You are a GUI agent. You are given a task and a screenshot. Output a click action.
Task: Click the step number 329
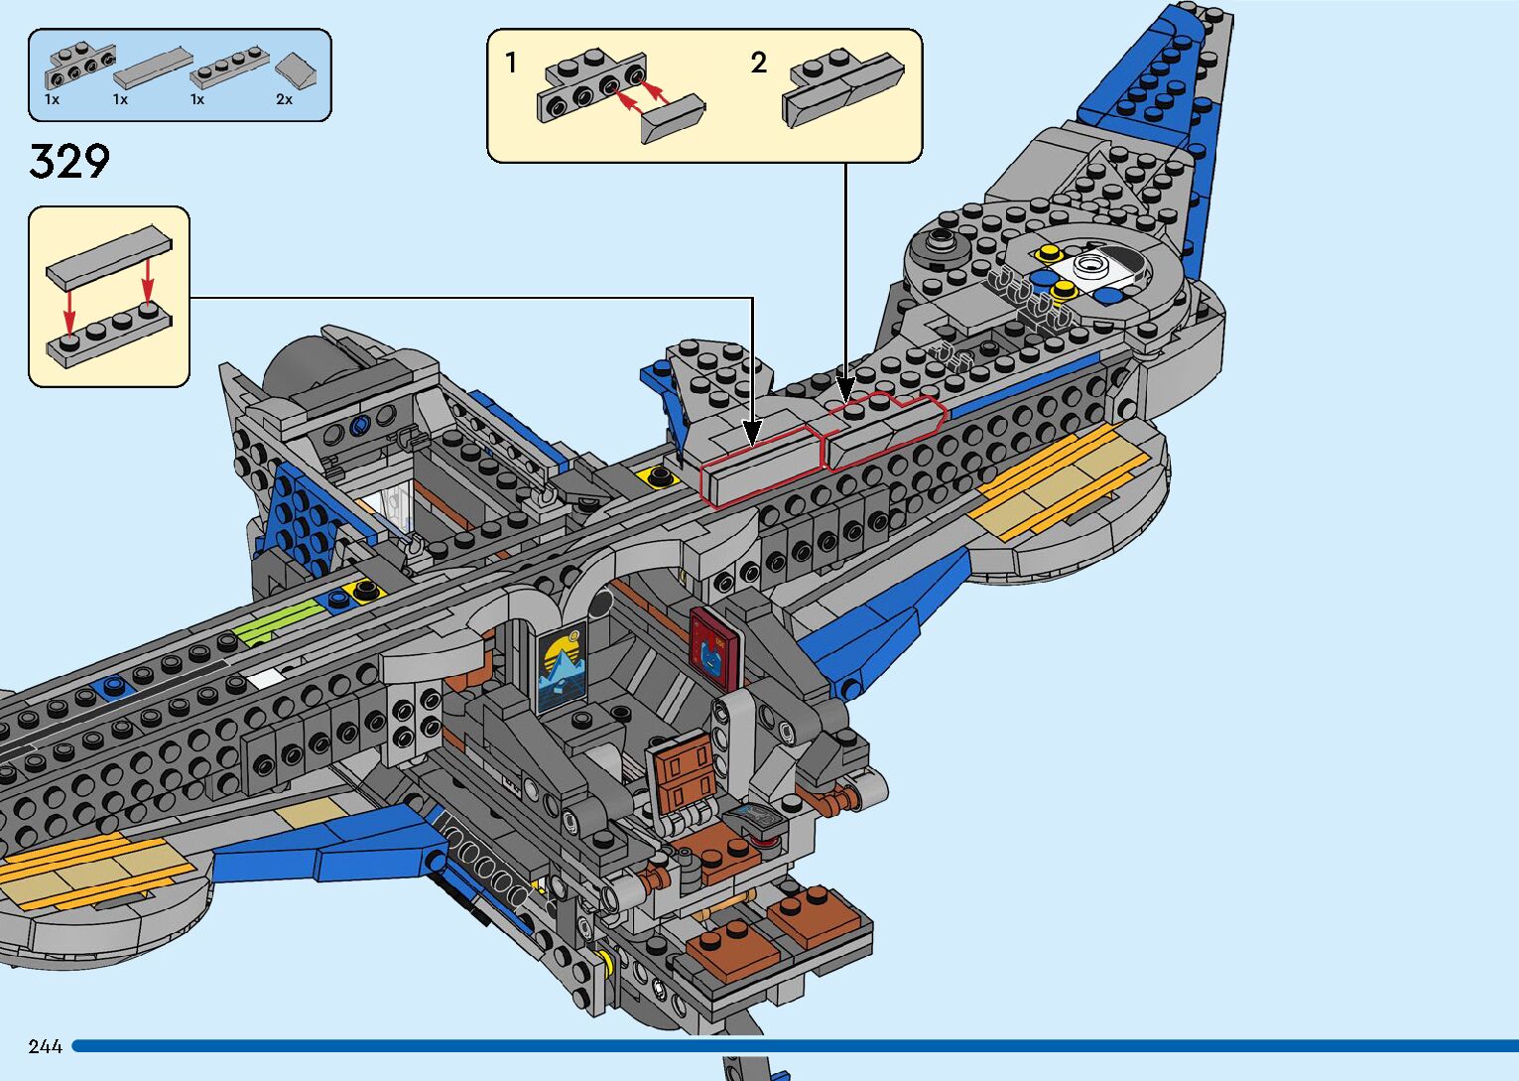(69, 162)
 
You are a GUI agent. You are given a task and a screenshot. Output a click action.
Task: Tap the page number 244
(46, 1046)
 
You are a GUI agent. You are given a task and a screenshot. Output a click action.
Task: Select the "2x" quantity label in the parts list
(284, 99)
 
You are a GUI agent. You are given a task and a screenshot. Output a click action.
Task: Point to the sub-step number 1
(511, 64)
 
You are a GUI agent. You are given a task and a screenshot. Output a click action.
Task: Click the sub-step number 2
(759, 64)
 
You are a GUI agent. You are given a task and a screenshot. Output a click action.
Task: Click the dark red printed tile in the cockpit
(714, 643)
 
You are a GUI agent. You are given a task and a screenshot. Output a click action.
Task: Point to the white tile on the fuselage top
(265, 679)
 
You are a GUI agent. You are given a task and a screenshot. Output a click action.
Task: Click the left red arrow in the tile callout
(68, 310)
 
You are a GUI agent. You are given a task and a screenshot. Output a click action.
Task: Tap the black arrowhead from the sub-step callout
(845, 388)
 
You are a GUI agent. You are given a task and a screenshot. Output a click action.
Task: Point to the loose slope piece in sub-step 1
(673, 120)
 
